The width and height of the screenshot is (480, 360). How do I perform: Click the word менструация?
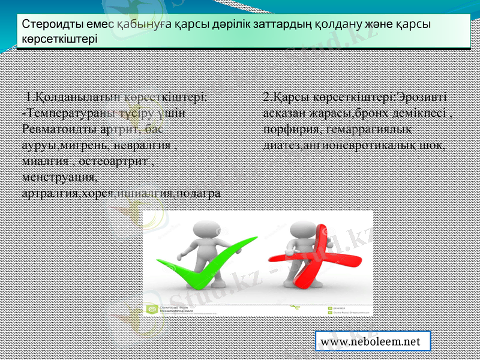58,178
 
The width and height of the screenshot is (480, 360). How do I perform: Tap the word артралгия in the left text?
46,194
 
